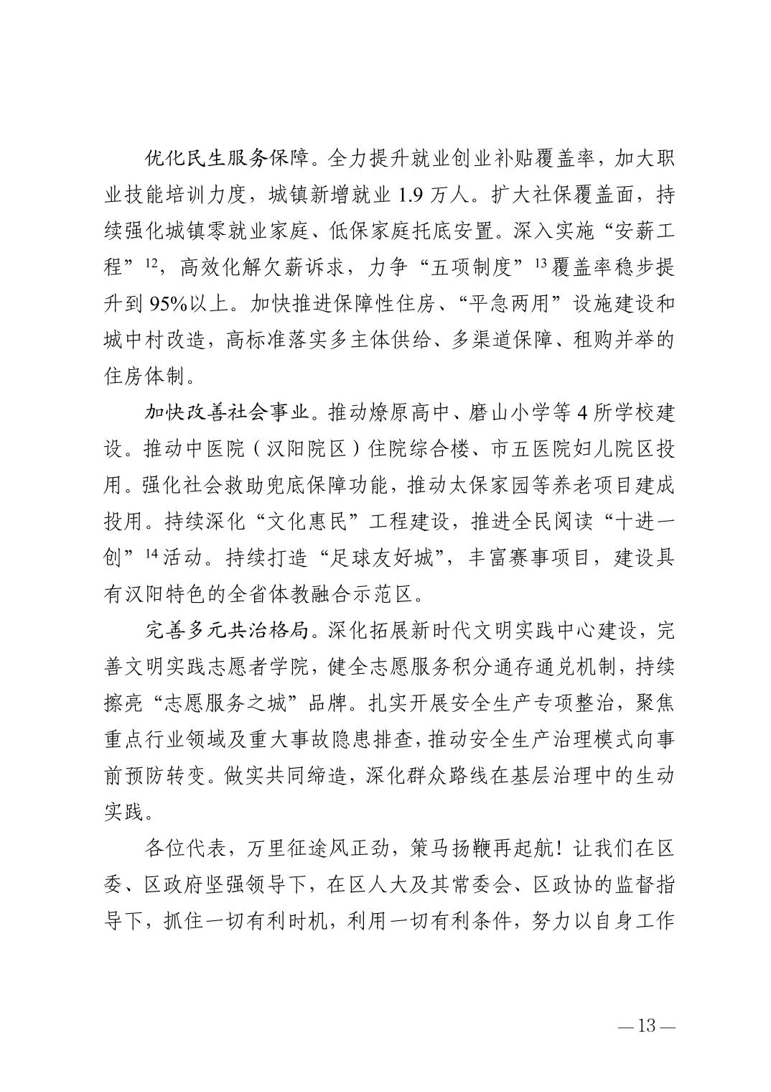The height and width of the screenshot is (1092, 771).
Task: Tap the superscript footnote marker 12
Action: point(151,264)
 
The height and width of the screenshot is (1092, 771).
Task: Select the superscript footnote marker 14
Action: point(151,556)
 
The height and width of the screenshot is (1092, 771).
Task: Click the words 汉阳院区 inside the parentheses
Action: point(297,450)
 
